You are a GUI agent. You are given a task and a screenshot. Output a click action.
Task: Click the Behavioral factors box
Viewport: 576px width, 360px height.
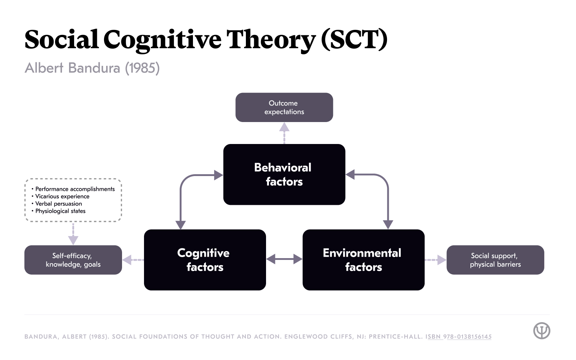(284, 175)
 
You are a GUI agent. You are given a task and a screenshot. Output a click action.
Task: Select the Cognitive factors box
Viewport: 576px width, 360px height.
(205, 260)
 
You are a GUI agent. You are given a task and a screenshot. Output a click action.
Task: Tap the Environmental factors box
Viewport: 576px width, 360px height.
(363, 260)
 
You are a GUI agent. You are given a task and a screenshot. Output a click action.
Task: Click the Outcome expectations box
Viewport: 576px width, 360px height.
(284, 107)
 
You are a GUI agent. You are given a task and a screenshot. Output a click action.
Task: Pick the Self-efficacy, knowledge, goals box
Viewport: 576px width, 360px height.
(73, 260)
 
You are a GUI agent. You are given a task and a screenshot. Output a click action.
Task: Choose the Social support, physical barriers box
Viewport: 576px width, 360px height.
(495, 260)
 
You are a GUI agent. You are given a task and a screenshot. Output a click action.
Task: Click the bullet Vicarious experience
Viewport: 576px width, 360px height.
(62, 197)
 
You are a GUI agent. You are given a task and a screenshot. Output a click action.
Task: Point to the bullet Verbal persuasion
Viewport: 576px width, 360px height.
(58, 204)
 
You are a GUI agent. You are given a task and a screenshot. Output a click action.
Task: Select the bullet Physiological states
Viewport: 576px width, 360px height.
(60, 211)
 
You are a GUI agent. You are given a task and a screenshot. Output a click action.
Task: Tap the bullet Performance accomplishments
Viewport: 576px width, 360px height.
(75, 189)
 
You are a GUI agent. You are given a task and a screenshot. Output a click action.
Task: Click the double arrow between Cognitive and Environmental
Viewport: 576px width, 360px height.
(284, 259)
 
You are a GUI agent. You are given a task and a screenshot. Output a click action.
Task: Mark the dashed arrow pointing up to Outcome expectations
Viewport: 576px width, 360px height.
(284, 133)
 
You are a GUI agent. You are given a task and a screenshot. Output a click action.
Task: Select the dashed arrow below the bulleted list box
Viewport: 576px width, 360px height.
(73, 234)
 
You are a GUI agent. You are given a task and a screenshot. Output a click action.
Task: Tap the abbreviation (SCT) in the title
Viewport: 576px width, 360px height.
(354, 40)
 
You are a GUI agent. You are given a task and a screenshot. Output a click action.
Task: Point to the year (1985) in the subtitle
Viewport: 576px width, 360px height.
(142, 68)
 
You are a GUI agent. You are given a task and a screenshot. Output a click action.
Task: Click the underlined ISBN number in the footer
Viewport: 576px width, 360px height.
(459, 337)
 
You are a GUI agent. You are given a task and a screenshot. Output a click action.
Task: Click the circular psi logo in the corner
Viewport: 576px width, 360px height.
(541, 330)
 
